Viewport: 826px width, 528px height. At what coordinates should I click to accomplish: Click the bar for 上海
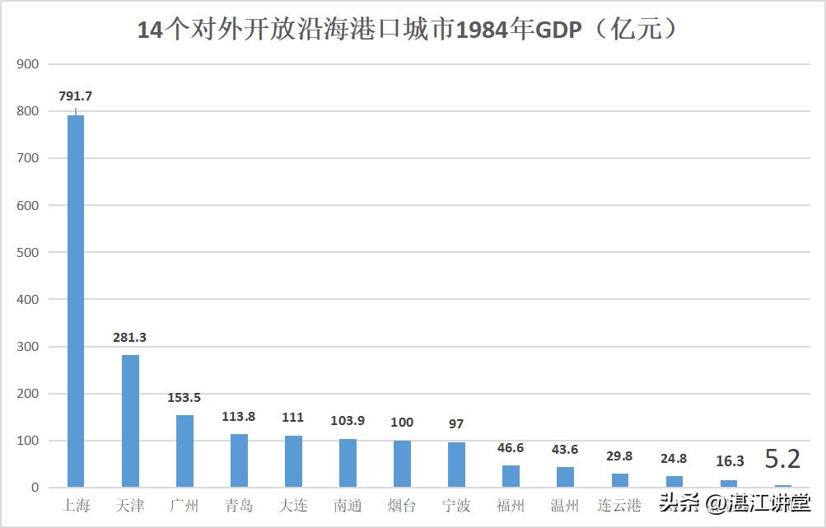(x=76, y=301)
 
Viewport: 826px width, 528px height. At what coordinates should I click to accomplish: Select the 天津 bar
(x=130, y=420)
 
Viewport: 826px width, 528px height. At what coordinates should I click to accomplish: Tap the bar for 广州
(x=184, y=451)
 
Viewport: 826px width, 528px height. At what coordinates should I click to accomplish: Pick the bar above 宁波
(x=456, y=465)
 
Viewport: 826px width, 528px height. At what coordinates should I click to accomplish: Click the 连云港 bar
(x=619, y=479)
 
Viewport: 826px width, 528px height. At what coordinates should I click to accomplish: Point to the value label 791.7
(x=76, y=96)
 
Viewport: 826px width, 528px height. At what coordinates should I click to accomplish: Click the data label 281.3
(x=130, y=338)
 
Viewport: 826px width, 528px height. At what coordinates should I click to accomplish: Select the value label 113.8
(x=239, y=417)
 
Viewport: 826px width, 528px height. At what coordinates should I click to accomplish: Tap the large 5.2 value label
(x=782, y=459)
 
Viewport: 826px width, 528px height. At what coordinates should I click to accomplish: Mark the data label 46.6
(x=511, y=449)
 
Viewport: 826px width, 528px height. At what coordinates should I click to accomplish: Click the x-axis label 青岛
(x=239, y=506)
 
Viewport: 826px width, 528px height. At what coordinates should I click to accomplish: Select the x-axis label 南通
(x=348, y=506)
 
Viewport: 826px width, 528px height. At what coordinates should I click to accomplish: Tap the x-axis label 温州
(x=565, y=506)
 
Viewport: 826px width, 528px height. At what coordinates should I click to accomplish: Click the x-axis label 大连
(x=293, y=506)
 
